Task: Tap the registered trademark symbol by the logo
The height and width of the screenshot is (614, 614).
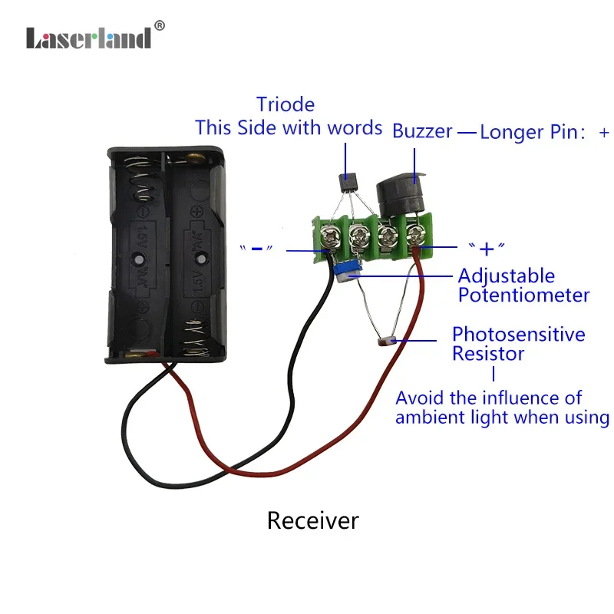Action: (x=160, y=26)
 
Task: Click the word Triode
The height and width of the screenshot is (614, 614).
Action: (x=286, y=104)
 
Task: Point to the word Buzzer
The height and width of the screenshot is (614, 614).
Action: (x=422, y=131)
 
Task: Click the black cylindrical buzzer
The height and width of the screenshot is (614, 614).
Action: (x=400, y=195)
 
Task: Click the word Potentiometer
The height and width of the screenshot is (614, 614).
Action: (x=524, y=295)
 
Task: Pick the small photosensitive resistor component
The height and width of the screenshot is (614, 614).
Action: (x=387, y=342)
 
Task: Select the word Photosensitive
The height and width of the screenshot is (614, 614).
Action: (x=519, y=335)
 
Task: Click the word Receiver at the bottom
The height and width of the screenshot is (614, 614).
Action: (x=313, y=521)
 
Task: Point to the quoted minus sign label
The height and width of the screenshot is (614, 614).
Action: (x=256, y=249)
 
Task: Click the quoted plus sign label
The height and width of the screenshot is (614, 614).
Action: (x=487, y=249)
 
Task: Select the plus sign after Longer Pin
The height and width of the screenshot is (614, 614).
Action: (x=604, y=132)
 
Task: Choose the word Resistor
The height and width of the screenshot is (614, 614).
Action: (x=488, y=354)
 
